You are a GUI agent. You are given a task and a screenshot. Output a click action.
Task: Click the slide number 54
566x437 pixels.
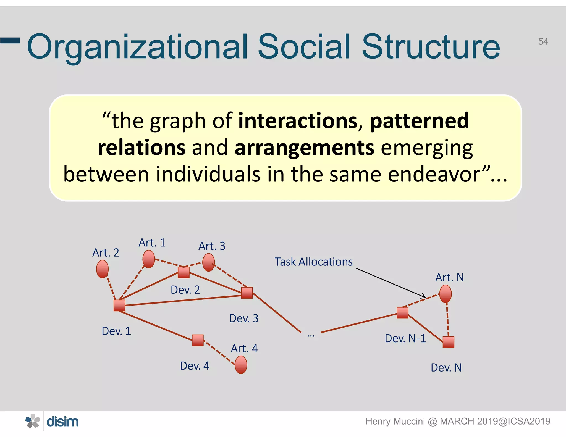(x=543, y=41)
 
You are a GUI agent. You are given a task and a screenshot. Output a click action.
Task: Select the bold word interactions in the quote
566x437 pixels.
(x=298, y=121)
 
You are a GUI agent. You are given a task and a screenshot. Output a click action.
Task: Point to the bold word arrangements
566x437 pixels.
(x=304, y=148)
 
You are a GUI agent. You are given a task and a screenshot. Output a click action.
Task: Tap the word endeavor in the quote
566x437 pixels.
(x=439, y=174)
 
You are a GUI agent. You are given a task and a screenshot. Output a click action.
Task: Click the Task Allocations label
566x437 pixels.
(x=313, y=262)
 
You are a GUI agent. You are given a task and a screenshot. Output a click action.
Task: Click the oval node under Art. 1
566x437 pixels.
(x=149, y=259)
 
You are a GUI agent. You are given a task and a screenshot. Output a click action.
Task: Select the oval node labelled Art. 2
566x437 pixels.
(x=102, y=269)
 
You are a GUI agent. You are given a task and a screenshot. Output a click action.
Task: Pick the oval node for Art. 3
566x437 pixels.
(x=208, y=262)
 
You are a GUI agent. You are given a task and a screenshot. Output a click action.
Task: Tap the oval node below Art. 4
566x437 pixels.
(x=241, y=365)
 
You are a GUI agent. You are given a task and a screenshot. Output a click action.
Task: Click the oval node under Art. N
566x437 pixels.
(x=446, y=294)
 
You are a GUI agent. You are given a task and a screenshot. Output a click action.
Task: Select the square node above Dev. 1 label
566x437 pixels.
(x=119, y=306)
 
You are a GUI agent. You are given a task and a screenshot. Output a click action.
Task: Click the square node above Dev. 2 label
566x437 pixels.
(x=184, y=272)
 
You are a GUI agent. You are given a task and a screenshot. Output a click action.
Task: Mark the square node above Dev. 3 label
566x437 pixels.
(x=247, y=293)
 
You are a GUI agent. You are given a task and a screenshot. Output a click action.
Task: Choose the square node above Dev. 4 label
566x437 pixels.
(x=198, y=340)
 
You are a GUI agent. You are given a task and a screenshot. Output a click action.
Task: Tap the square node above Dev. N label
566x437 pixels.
(x=448, y=342)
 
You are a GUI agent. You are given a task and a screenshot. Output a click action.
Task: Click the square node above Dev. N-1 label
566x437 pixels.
(x=402, y=313)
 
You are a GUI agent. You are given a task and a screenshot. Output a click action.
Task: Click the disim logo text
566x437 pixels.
(x=62, y=422)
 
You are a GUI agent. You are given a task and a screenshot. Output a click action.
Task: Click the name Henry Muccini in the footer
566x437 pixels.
(x=395, y=421)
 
